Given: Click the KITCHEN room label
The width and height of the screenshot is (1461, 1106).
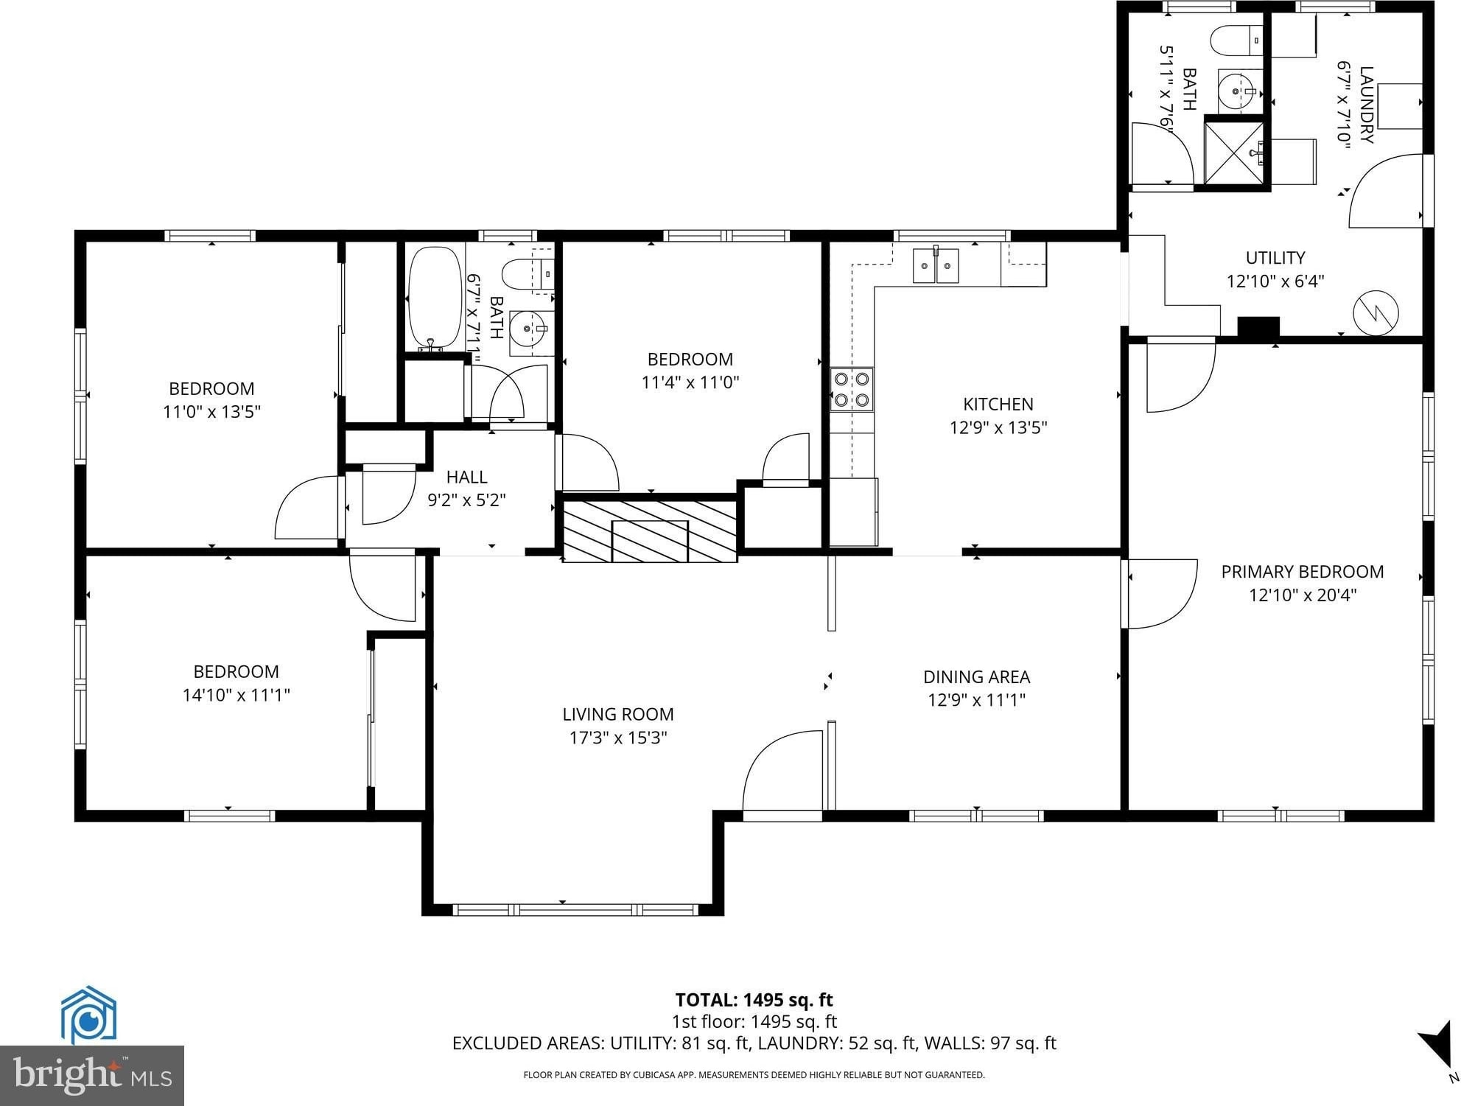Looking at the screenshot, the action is pos(998,404).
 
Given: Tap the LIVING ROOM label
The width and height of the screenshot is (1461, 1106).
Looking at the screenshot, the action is pos(618,714).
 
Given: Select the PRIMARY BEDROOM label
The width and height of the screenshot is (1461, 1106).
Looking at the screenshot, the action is pos(1303,572).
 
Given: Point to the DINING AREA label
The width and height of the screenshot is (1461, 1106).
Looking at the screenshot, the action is pos(977,676).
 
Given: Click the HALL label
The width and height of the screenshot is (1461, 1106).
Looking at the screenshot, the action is pos(467,477).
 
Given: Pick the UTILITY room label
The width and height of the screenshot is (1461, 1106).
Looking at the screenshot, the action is pos(1275,258).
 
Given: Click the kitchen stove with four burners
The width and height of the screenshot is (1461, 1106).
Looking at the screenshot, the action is pos(852,390).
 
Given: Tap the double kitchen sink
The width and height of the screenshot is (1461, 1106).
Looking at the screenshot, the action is pos(936,266).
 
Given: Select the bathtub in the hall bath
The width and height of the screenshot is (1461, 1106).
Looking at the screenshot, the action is pos(435,298).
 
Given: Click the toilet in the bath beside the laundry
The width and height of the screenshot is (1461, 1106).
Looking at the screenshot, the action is pos(1237,40).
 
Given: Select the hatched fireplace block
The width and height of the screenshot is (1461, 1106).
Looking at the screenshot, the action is pos(651,531).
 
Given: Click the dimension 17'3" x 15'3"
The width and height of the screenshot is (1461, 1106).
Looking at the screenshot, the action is pos(618,738).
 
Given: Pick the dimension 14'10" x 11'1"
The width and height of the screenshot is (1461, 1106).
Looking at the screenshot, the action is pos(237,695).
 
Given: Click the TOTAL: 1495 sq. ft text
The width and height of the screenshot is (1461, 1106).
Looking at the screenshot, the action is pos(754,1000).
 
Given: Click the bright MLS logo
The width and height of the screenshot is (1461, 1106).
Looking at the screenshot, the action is pos(92,1075).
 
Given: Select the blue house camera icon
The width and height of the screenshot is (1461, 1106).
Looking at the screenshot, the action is pos(88,1015).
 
